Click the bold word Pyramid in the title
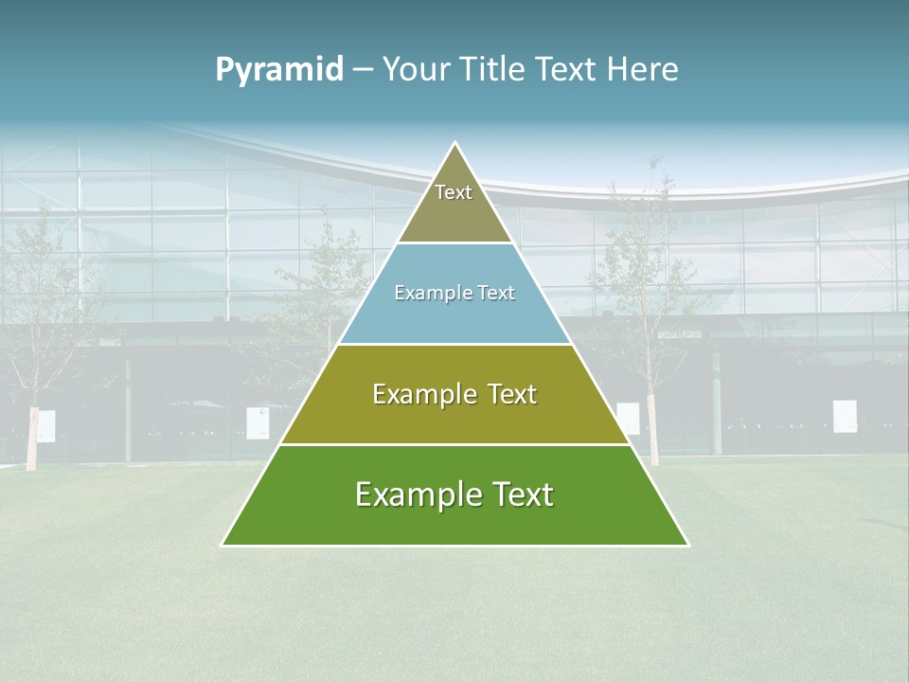pos(279,70)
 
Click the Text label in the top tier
pos(454,192)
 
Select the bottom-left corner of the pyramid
pos(223,545)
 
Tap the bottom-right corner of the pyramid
pos(687,545)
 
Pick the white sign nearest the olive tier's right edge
pos(628,418)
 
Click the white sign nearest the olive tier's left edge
pos(258,422)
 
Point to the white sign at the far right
pos(845,416)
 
